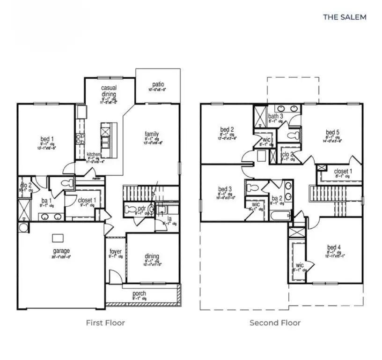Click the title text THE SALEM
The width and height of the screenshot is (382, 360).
(x=345, y=17)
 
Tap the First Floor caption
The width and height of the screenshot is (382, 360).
(x=105, y=322)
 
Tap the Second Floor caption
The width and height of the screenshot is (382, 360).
(x=275, y=322)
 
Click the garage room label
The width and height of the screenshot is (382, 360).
(x=61, y=251)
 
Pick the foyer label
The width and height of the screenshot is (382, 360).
(x=116, y=252)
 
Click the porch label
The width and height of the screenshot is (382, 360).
(x=139, y=294)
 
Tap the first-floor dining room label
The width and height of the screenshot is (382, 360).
(x=152, y=256)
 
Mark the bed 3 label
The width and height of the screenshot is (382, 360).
(x=225, y=189)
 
